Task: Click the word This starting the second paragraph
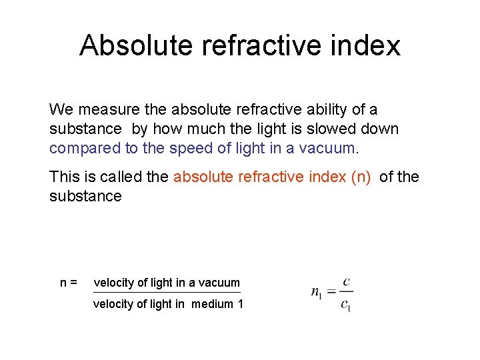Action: point(63,177)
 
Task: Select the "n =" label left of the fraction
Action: point(69,283)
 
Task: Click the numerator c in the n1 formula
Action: point(346,282)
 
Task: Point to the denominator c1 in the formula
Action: point(346,305)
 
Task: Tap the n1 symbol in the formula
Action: point(317,293)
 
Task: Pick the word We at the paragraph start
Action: point(61,109)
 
